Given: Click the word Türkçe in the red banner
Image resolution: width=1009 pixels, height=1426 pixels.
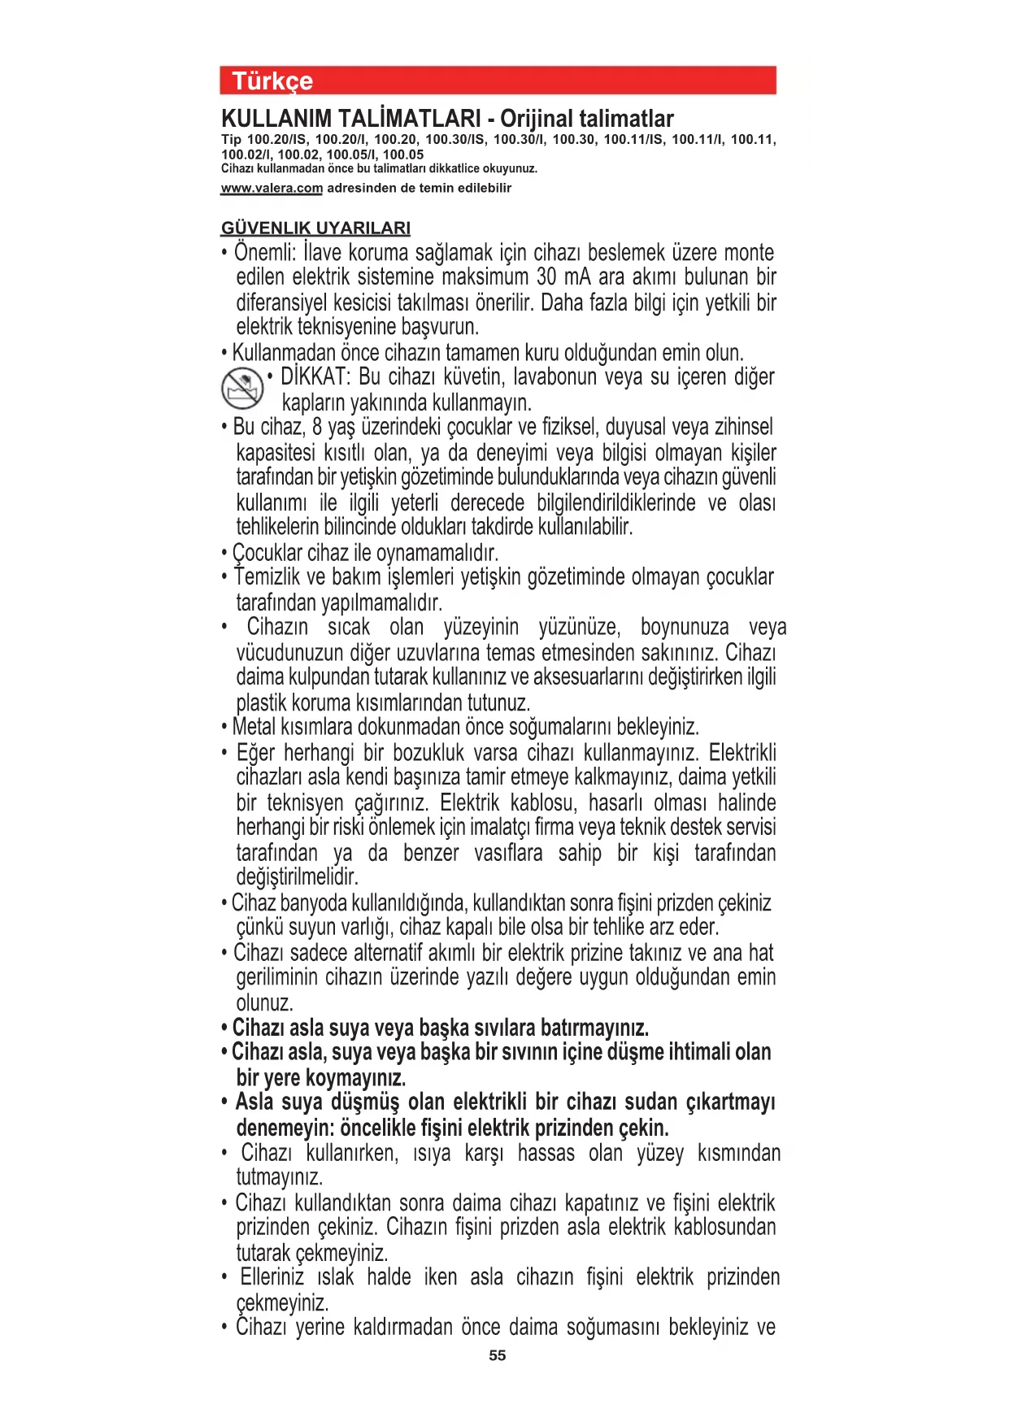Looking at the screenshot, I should point(272,81).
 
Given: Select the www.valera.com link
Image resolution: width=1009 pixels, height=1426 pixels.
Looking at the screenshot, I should point(272,188).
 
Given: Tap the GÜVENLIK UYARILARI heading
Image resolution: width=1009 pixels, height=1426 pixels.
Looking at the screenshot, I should point(315,228).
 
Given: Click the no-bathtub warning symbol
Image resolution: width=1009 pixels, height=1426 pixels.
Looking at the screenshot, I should point(242,388).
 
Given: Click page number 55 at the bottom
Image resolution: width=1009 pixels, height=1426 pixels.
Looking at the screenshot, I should point(498,1355).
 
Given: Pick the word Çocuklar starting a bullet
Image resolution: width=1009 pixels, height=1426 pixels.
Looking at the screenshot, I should point(267,553).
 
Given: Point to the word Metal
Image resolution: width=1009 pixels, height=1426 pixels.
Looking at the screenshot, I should point(254,726).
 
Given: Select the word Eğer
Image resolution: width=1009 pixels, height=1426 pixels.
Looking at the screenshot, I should point(255,753).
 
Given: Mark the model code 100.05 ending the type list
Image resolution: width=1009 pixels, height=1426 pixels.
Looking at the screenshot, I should point(403,154).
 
